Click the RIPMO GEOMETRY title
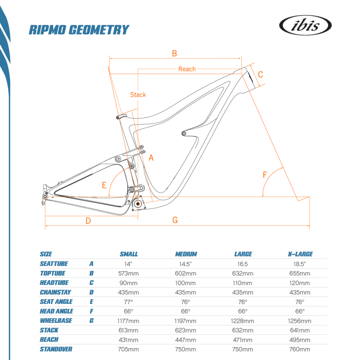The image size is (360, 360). click(78, 30)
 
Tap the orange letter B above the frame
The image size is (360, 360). click(175, 53)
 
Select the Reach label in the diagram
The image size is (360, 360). click(187, 69)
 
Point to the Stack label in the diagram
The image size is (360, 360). click(138, 95)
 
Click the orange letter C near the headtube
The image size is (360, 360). click(261, 75)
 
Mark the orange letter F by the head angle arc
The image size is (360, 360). click(265, 175)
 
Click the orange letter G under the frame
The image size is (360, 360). click(175, 220)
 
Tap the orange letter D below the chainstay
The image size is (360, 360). click(88, 221)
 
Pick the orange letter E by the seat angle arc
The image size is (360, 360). click(104, 185)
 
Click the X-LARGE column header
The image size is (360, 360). click(300, 254)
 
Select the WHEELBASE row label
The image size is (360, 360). click(56, 320)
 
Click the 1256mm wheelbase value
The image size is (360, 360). click(300, 321)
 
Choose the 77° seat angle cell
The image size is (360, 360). click(129, 302)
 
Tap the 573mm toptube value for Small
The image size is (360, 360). click(129, 273)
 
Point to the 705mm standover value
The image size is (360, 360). click(129, 349)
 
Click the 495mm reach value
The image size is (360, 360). click(300, 340)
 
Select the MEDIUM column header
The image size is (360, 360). click(186, 254)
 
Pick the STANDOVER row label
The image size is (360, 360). click(56, 349)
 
